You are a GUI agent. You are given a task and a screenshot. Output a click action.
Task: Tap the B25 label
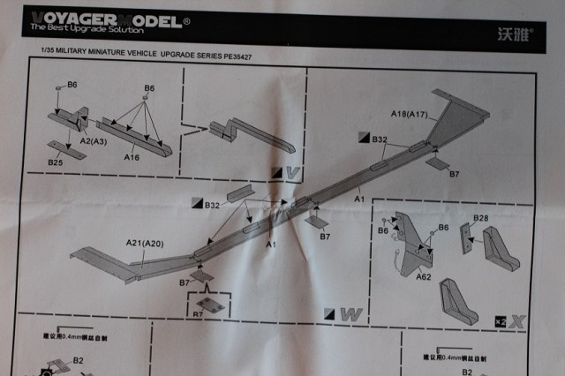coord(55,162)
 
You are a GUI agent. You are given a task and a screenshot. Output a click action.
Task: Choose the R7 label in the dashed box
coord(199,314)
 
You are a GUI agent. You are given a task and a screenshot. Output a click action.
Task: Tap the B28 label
coord(481,218)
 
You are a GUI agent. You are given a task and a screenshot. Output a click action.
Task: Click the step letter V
coord(294,171)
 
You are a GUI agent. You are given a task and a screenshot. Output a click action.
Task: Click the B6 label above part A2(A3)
coord(72,86)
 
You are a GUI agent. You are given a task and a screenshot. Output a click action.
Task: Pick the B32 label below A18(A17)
coord(380,139)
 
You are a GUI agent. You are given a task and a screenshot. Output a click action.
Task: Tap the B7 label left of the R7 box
coord(184,282)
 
